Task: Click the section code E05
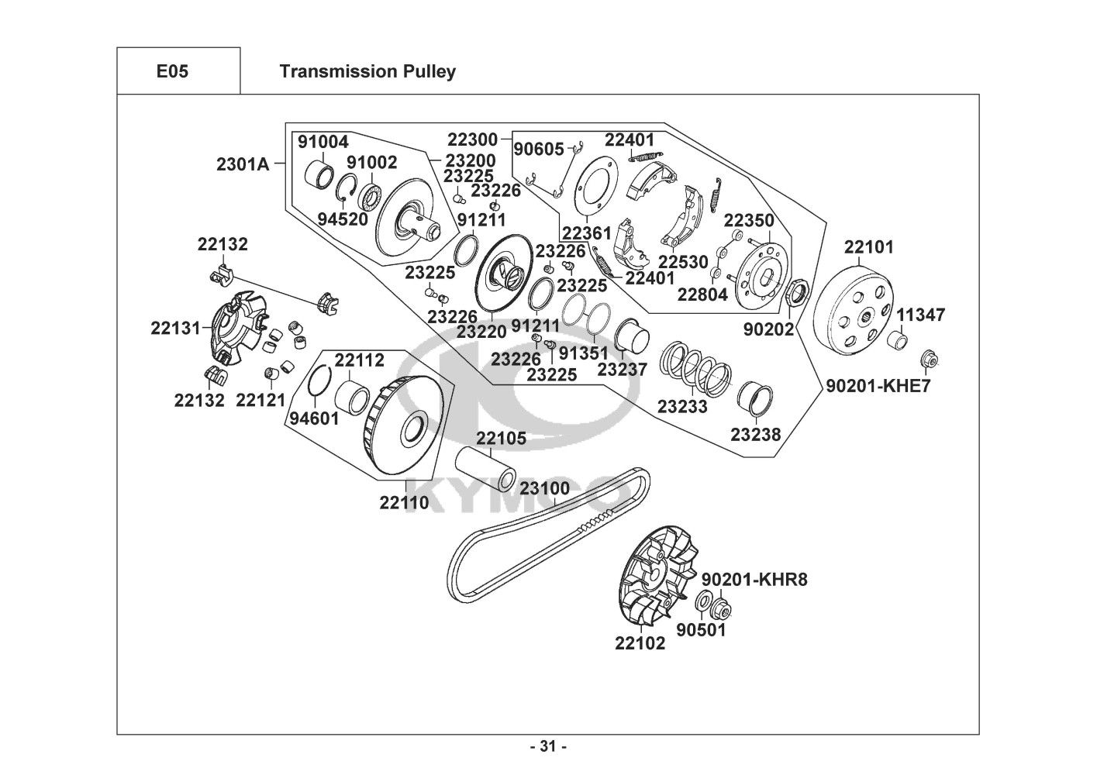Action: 172,71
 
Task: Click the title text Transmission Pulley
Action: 367,71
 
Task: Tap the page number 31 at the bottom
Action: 548,747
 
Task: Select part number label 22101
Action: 868,247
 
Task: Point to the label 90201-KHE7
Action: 878,385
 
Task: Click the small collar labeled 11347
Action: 899,339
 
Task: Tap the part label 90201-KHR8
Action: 754,580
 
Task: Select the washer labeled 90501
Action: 705,601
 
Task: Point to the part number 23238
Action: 755,435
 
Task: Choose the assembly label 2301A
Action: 242,164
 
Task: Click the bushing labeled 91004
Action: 319,174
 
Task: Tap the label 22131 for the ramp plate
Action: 176,328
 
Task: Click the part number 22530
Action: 683,262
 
